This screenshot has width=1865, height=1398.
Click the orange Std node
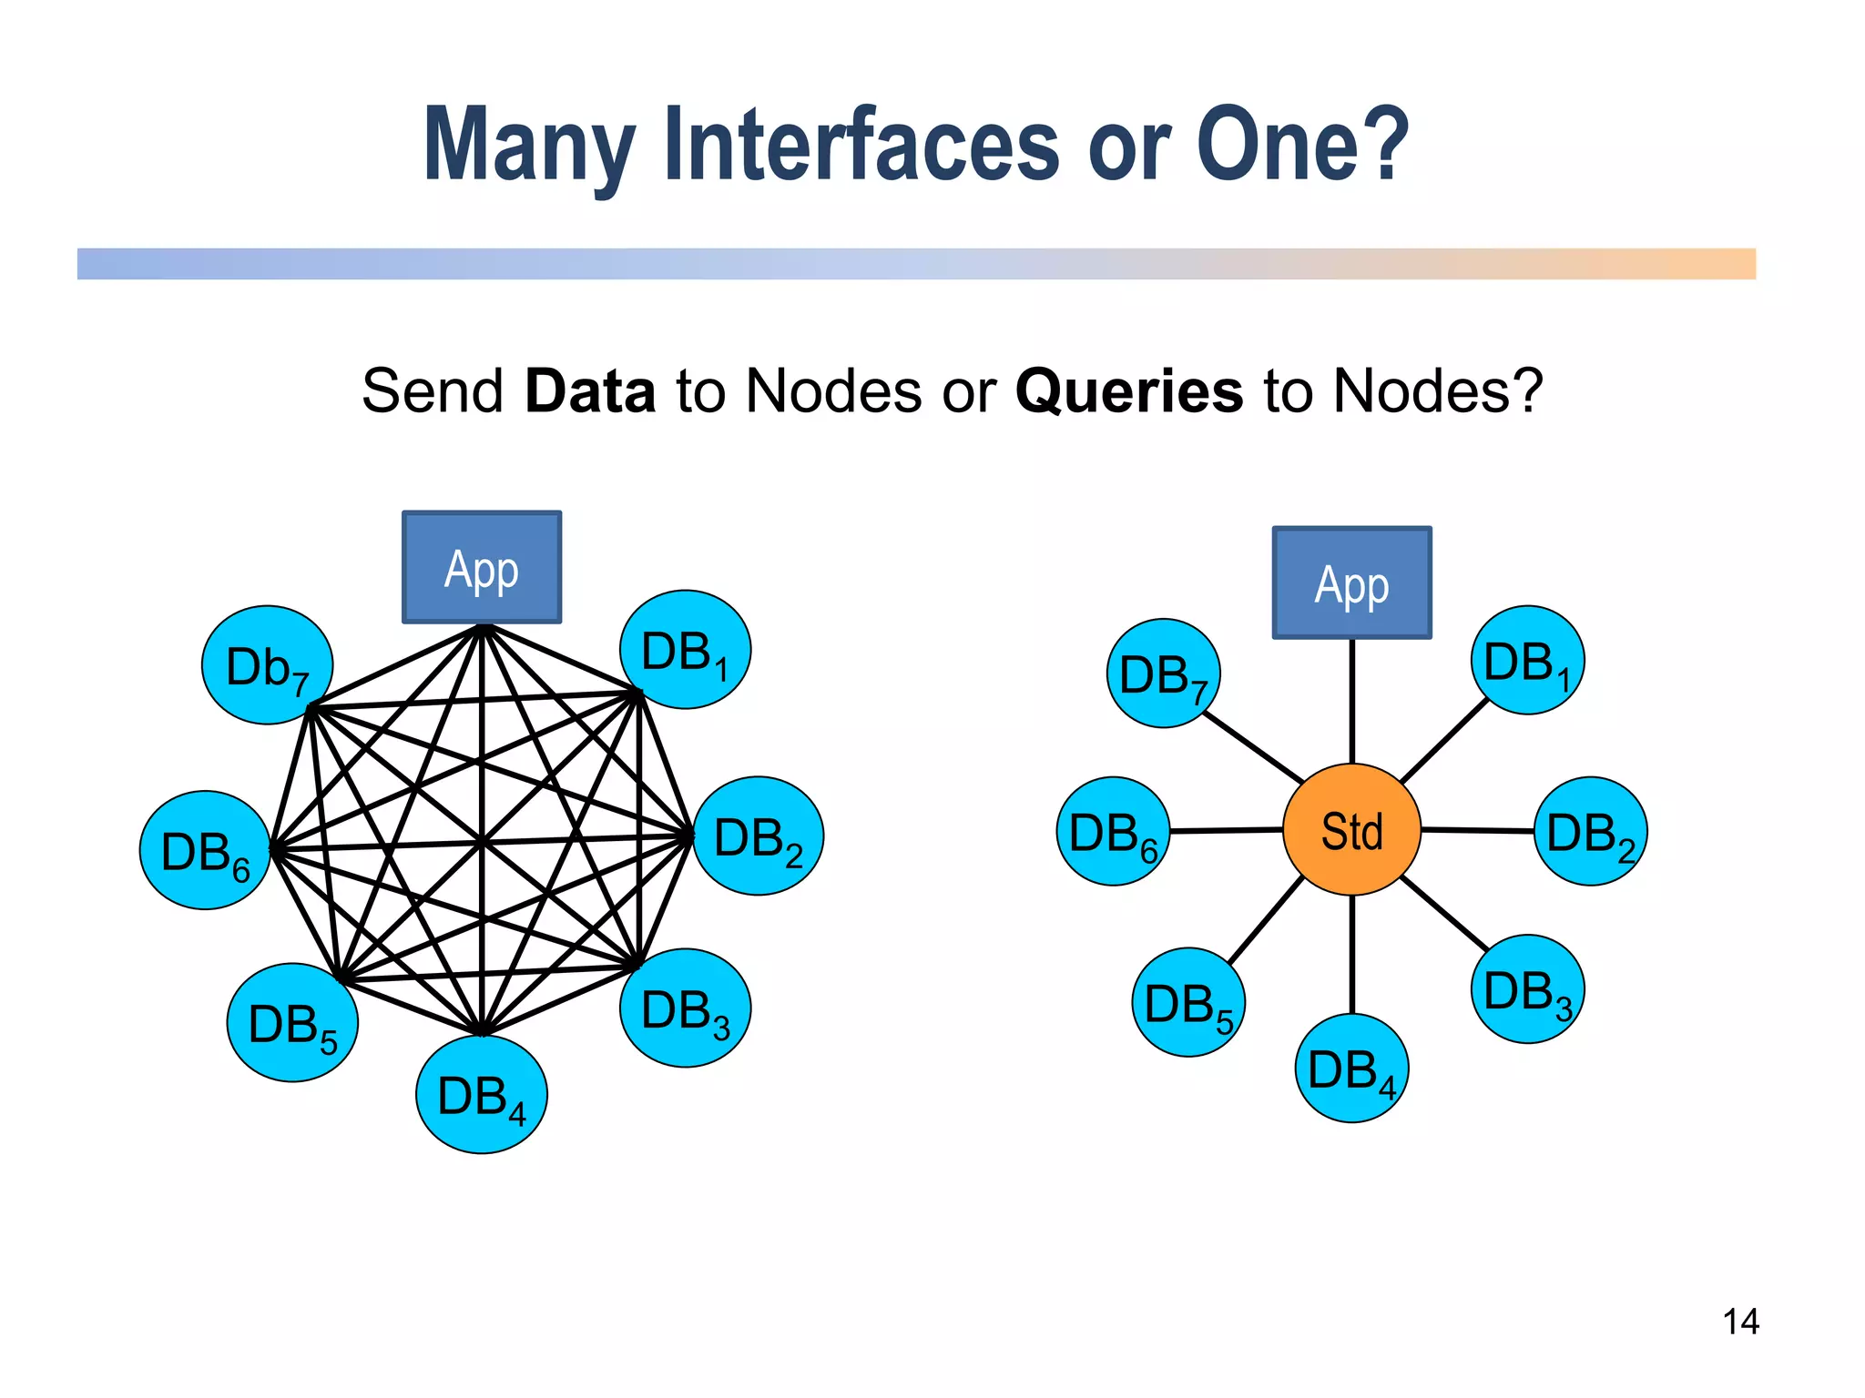tap(1351, 830)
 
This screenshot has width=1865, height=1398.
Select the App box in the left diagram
tap(482, 568)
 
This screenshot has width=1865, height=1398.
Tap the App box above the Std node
tap(1351, 583)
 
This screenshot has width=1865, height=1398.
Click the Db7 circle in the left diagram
tap(267, 665)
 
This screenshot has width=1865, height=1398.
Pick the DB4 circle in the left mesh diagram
tap(481, 1095)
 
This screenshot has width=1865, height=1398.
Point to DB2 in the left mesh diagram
tap(759, 836)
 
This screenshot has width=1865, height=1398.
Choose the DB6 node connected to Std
tap(1113, 832)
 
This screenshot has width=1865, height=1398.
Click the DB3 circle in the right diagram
tap(1527, 989)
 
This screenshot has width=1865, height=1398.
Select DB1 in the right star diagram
tap(1527, 661)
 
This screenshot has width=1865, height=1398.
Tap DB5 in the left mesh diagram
tap(292, 1023)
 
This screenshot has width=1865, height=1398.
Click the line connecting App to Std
tap(1352, 701)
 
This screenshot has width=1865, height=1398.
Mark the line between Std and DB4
tap(1352, 954)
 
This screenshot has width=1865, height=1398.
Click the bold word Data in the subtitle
tap(590, 391)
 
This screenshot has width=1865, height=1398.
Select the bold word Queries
tap(1128, 391)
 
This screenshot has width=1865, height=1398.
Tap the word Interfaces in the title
tap(861, 146)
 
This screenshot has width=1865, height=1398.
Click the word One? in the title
tap(1302, 146)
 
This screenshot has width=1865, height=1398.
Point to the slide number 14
tap(1740, 1322)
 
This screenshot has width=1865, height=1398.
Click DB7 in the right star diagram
tap(1163, 674)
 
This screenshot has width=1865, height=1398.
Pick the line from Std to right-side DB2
tap(1477, 830)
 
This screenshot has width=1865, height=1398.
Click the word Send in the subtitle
tap(433, 391)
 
